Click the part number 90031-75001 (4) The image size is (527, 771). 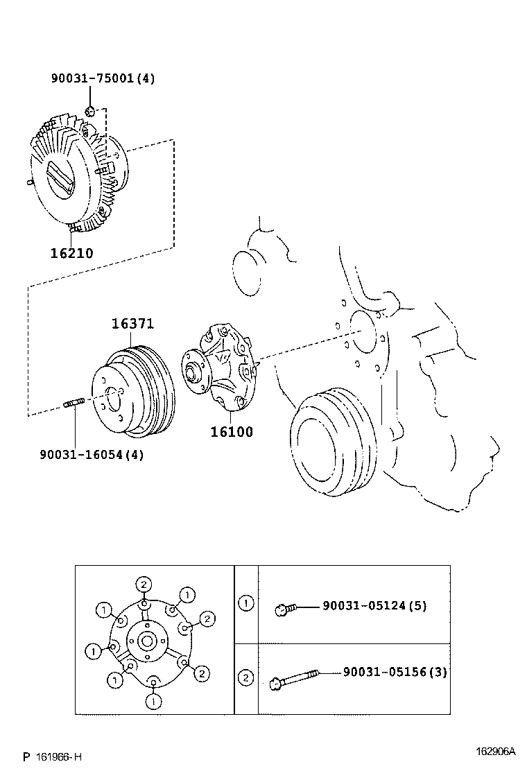coord(103,78)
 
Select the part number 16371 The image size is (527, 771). coord(132,324)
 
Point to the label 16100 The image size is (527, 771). coord(232,431)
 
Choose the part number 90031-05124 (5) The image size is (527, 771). coord(374,605)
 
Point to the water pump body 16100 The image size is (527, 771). coord(221,367)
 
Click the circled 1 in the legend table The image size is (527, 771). coord(246,603)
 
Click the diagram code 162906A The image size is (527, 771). coord(495,751)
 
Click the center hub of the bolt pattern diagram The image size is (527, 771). coord(147,640)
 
